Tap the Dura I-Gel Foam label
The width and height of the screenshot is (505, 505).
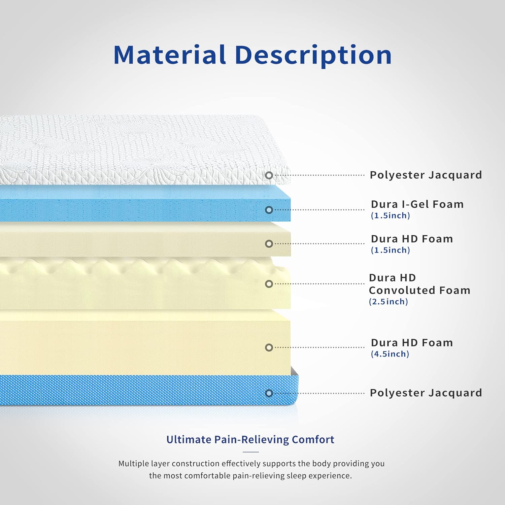[x=417, y=204]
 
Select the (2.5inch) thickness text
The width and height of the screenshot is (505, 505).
[x=389, y=301]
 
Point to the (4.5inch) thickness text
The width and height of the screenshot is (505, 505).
[x=390, y=354]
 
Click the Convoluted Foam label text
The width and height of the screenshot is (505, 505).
[x=419, y=290]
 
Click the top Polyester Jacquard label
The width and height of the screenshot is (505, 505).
[x=426, y=175]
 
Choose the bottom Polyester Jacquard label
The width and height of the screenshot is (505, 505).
[x=426, y=393]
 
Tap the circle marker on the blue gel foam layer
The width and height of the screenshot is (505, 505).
[x=269, y=210]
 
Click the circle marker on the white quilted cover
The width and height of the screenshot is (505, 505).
[x=269, y=175]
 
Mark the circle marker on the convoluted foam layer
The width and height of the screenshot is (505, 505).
[x=269, y=284]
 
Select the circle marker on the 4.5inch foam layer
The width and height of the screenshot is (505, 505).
[x=269, y=347]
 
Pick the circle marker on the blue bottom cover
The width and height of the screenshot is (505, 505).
[x=269, y=393]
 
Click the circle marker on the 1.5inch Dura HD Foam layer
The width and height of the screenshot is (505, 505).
[x=269, y=244]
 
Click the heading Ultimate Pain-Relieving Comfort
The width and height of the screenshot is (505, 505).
[x=250, y=440]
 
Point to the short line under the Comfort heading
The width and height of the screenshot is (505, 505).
[x=250, y=452]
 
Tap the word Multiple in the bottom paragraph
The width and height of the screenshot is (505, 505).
[x=134, y=464]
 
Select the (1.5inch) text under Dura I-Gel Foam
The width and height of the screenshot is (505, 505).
[x=390, y=215]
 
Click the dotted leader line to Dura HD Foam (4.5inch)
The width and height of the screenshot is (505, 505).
[x=319, y=347]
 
